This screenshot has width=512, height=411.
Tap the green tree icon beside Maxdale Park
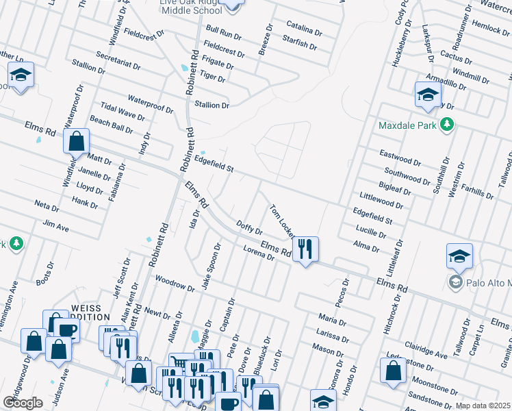click(447, 124)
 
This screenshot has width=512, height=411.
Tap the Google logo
click(23, 402)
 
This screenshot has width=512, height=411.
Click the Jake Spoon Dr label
click(210, 266)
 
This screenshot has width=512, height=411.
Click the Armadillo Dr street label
click(446, 84)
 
